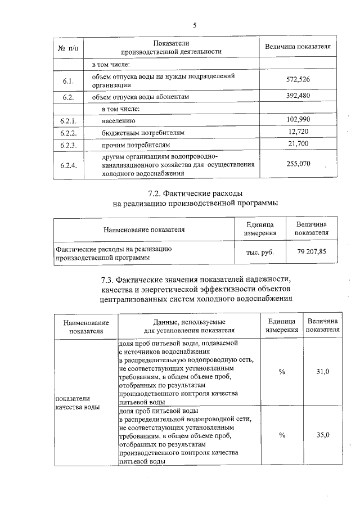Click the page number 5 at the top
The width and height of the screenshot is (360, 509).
pos(195,25)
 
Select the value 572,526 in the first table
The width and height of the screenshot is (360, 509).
pos(298,79)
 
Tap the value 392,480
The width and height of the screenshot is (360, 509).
pos(298,96)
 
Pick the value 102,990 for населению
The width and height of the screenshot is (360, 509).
pos(298,120)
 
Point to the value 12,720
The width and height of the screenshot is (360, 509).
pos(298,132)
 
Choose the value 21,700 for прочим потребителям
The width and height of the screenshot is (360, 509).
pos(298,145)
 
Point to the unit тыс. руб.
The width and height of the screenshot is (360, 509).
pos(260,252)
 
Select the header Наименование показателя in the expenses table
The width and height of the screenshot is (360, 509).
pos(144,229)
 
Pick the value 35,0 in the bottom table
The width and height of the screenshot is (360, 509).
pos(323,435)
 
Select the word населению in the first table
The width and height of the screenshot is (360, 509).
pos(119,120)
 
